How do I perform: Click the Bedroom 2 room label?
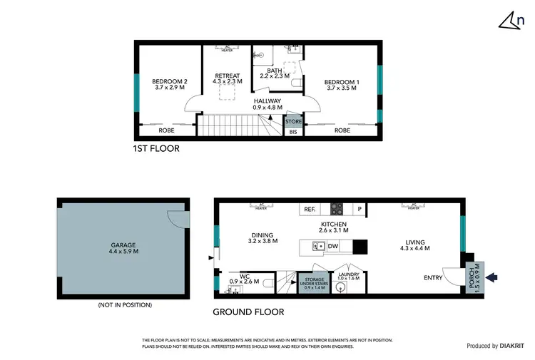(x=170, y=86)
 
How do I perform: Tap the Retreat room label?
(x=227, y=78)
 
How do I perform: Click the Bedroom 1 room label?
(x=342, y=86)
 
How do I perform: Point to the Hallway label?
(x=267, y=104)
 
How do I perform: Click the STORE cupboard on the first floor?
(x=293, y=122)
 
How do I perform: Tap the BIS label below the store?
(x=293, y=132)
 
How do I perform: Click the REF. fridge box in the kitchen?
(x=310, y=210)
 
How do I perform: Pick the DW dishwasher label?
(x=332, y=247)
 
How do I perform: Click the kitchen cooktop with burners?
(x=336, y=210)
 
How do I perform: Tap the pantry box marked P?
(x=360, y=210)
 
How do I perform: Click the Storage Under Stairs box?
(x=312, y=284)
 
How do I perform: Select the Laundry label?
(x=349, y=277)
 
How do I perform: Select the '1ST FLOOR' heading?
(x=156, y=149)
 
